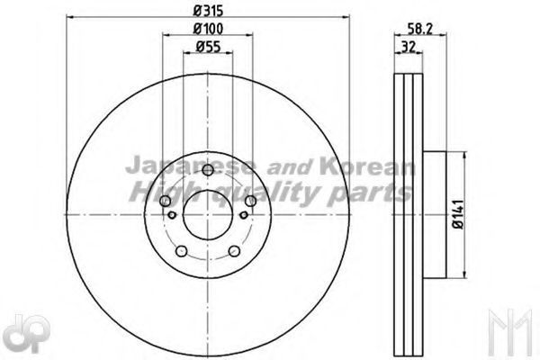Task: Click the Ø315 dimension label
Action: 208,11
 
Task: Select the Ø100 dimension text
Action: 208,29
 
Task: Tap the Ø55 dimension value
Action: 208,47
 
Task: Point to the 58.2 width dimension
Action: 420,29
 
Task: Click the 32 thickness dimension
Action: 409,47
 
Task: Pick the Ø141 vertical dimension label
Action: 459,214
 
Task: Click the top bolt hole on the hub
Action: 208,169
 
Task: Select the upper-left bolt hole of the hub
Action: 166,201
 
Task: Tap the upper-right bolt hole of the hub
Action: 251,201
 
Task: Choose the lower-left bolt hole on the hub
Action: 182,251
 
